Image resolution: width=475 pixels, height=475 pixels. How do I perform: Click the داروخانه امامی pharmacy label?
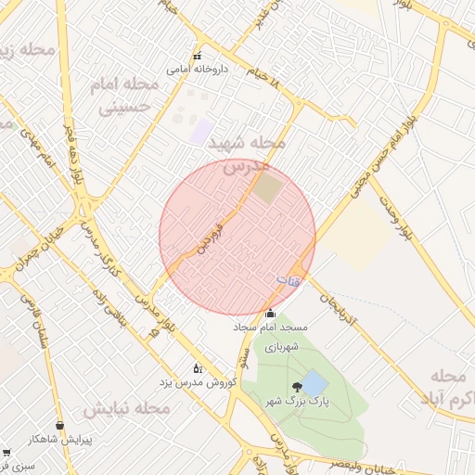192,69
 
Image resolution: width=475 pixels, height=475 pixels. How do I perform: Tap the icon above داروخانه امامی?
196,55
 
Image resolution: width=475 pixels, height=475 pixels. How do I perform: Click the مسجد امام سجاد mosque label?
270,328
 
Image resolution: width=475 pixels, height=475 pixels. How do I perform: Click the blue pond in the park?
315,382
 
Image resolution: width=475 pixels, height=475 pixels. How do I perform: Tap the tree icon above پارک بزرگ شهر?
296,386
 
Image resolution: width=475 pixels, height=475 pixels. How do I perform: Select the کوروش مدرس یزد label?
197,382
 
